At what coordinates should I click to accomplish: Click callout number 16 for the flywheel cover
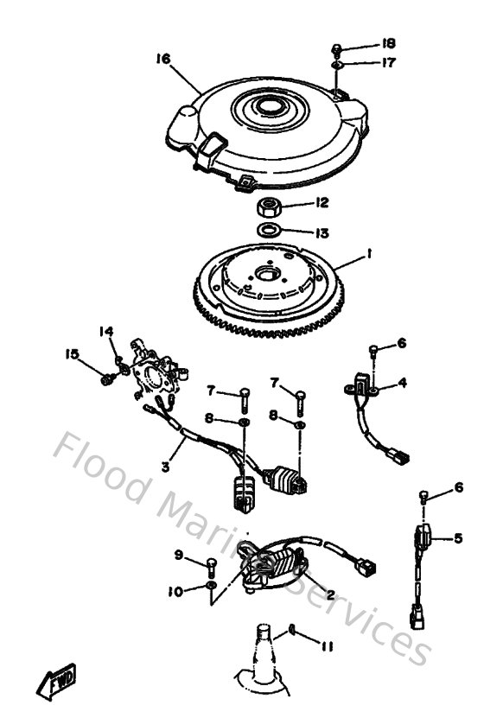tap(162, 60)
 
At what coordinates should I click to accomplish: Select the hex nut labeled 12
tap(266, 206)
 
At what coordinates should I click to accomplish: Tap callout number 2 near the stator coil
tap(329, 595)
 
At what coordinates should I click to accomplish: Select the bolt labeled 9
tap(212, 567)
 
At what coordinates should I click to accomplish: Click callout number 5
tap(458, 538)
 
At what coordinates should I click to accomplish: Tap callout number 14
tap(105, 330)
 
